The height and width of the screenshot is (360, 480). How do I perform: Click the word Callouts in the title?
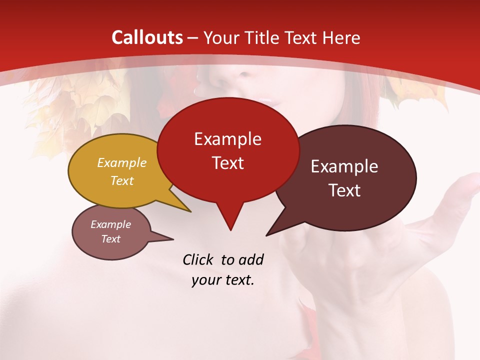(x=147, y=37)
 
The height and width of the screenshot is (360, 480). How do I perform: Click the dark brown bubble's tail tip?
(x=267, y=235)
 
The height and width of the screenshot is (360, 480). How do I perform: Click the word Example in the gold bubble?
(x=121, y=162)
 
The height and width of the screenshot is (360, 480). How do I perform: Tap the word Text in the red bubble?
(x=227, y=163)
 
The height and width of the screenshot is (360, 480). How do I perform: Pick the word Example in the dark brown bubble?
(x=344, y=166)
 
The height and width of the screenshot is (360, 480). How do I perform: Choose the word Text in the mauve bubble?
(x=110, y=239)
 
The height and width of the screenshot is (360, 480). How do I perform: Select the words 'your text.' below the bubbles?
(x=222, y=280)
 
